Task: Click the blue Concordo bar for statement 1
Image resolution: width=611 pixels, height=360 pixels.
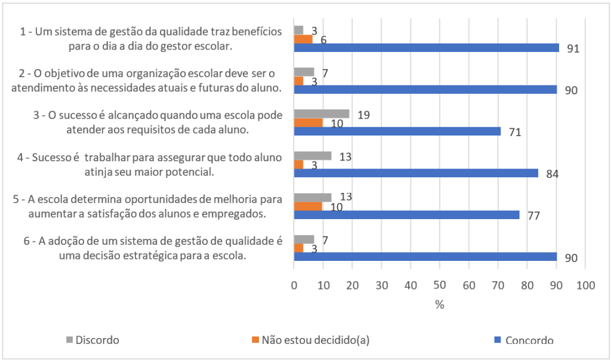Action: click(x=426, y=48)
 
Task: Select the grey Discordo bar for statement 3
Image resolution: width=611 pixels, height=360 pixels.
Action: click(x=322, y=113)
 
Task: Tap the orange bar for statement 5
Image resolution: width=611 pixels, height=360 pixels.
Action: click(x=308, y=206)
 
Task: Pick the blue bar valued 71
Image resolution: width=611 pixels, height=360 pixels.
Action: click(x=397, y=131)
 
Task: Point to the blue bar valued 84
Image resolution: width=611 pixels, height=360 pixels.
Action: click(x=416, y=173)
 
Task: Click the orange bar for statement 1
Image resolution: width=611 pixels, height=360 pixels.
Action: click(x=303, y=39)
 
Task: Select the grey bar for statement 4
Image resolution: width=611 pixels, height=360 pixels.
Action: click(x=313, y=156)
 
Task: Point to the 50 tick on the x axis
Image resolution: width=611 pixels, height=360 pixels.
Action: click(x=440, y=286)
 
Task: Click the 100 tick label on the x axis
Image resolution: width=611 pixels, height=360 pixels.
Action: click(x=585, y=286)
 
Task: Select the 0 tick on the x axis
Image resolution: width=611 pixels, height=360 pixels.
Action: click(x=294, y=286)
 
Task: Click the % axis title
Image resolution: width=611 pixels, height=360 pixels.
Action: click(x=440, y=304)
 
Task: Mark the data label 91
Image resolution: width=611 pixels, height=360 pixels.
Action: click(x=573, y=49)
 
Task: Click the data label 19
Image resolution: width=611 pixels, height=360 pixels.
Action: click(x=363, y=115)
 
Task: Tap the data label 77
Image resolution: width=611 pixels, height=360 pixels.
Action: click(x=533, y=216)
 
